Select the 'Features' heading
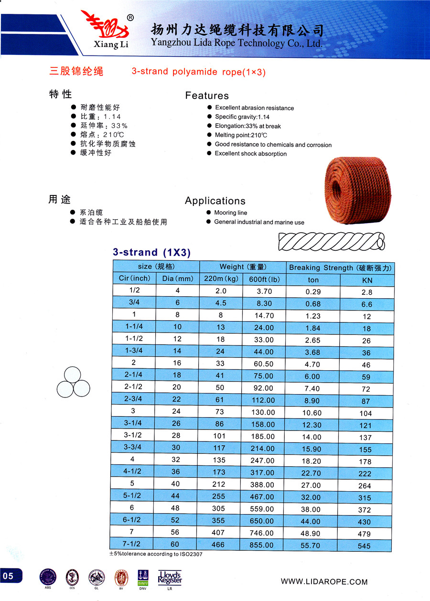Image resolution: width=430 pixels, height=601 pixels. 207,96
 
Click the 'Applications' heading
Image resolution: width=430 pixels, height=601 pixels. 215,201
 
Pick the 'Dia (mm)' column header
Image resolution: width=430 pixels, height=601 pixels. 178,279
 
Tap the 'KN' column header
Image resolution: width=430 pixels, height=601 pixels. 367,280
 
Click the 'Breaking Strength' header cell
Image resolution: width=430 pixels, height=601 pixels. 340,268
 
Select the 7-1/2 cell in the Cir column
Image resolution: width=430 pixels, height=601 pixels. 134,544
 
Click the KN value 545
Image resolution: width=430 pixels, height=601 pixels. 366,546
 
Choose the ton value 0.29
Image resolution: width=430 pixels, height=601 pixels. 313,291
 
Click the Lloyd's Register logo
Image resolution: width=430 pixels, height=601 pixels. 170,578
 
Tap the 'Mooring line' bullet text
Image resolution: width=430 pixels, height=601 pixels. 230,213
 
